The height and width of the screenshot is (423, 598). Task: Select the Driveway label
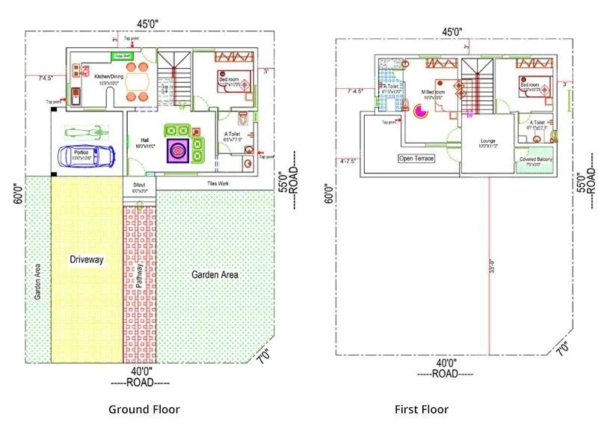[x=87, y=259]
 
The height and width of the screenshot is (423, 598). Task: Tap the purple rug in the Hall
[x=178, y=149]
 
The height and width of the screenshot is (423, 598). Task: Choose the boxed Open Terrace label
[x=416, y=158]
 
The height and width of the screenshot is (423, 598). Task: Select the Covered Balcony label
[x=536, y=159]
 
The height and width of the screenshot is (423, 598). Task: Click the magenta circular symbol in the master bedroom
[x=420, y=111]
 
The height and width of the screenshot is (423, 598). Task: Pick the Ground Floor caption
[x=144, y=409]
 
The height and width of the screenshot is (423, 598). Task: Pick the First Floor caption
[x=422, y=409]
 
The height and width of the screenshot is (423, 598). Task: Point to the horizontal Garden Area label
[x=215, y=275]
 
